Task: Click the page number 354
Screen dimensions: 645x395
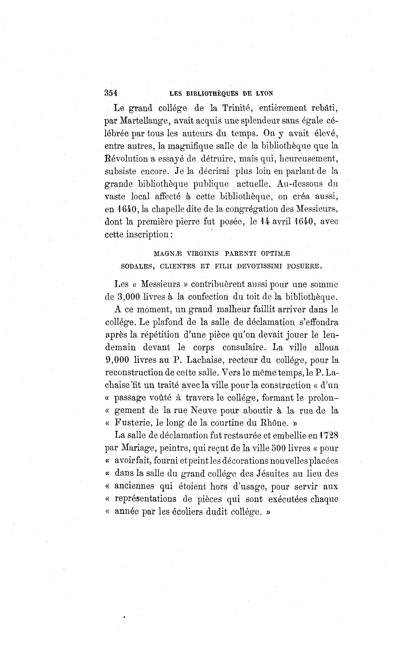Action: tap(111, 93)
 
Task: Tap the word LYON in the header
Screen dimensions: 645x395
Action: tap(264, 93)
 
